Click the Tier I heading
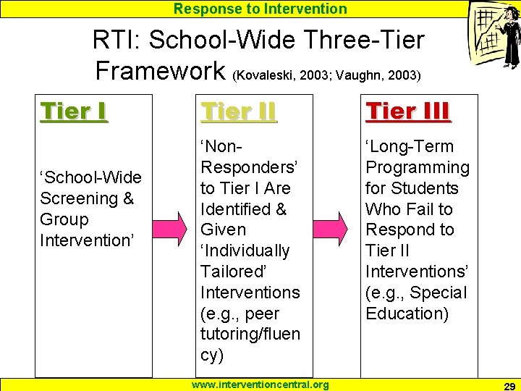click(74, 112)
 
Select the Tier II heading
click(238, 112)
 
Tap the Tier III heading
click(408, 112)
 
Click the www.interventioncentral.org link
click(260, 384)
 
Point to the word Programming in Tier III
click(418, 167)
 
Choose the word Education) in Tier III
click(407, 314)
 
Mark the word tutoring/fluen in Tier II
click(250, 335)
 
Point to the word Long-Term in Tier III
click(410, 146)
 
